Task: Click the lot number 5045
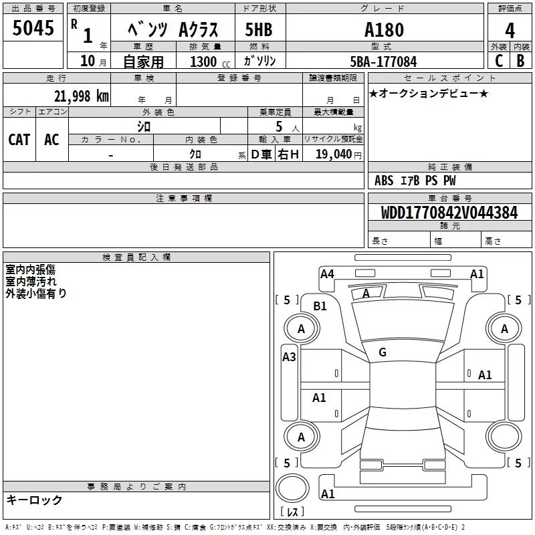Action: pos(33,27)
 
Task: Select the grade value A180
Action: pos(384,29)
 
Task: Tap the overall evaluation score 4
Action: pos(510,30)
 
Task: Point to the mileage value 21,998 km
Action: pos(82,96)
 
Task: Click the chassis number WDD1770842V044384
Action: pos(449,213)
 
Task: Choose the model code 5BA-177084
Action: pos(383,62)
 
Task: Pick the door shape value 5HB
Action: pos(259,29)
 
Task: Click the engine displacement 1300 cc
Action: pos(210,62)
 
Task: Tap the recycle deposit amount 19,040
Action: pos(334,154)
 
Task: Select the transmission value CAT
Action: pos(19,140)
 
